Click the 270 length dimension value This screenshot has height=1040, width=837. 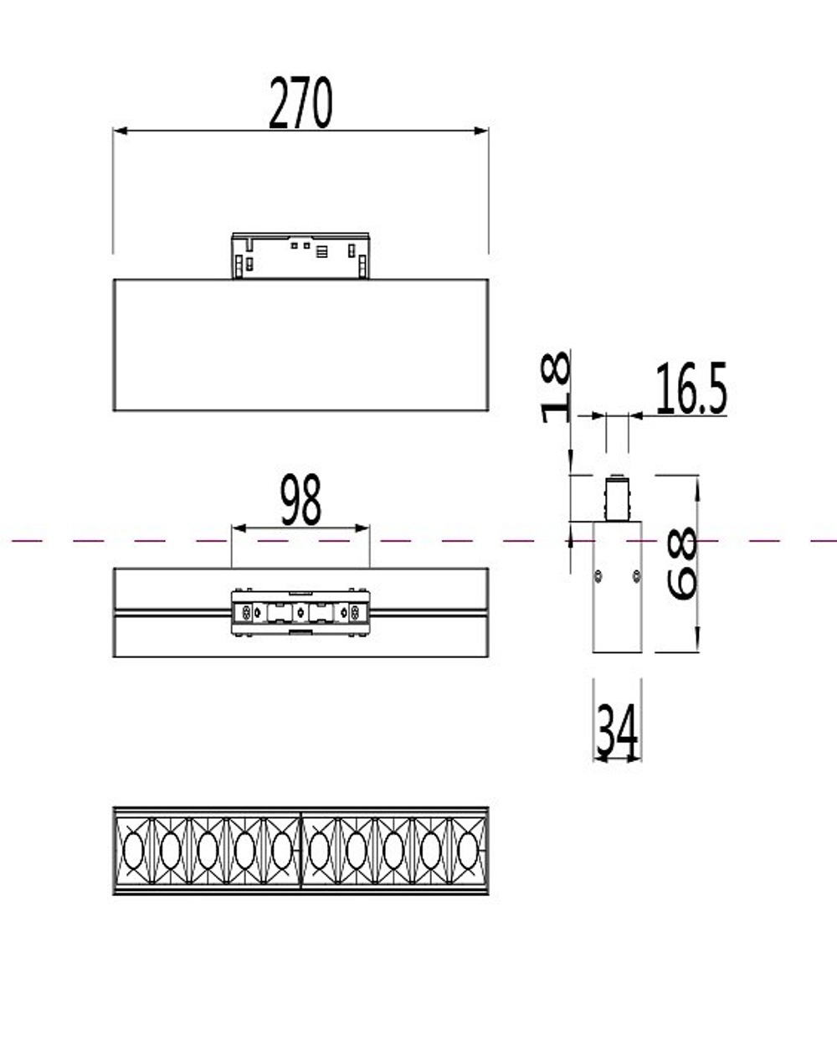300,104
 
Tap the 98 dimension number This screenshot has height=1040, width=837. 300,501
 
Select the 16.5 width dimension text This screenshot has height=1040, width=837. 691,390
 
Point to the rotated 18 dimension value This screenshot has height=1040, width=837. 556,387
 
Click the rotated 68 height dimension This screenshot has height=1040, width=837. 683,564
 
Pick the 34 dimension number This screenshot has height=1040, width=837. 617,730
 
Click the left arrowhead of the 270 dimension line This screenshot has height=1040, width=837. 119,131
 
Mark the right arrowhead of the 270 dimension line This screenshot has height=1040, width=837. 482,131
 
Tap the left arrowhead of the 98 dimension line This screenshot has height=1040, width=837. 238,528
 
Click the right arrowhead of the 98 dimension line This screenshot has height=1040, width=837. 363,528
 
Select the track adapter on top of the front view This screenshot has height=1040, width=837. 300,255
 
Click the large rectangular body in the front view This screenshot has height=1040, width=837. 300,344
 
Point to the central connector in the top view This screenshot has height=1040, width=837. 300,613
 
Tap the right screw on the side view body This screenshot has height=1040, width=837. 636,575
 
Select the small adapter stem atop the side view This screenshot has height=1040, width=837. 617,498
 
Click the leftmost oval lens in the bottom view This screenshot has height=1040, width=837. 132,851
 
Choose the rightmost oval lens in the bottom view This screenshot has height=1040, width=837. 468,851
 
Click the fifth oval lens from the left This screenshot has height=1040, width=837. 281,851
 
